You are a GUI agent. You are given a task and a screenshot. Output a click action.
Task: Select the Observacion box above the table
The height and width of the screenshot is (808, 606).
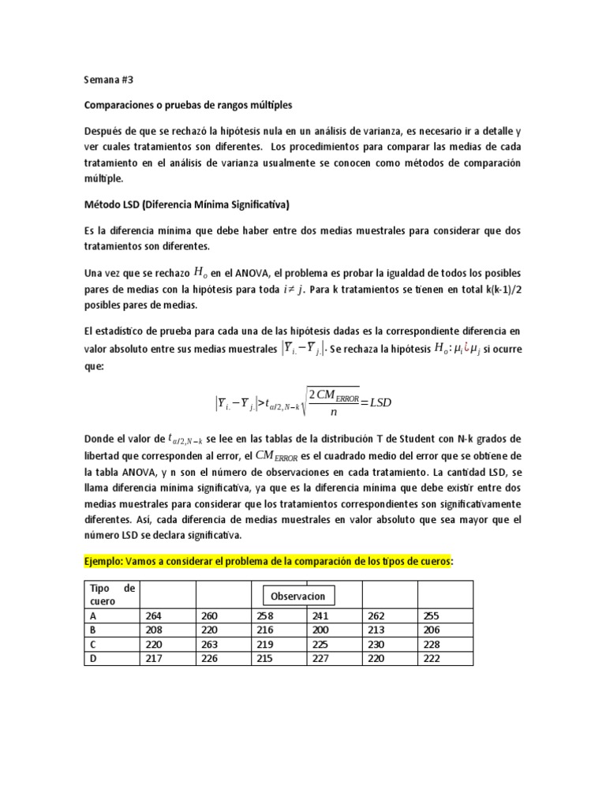click(x=299, y=595)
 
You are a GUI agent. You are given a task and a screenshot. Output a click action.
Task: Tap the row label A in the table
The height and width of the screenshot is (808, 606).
click(x=95, y=615)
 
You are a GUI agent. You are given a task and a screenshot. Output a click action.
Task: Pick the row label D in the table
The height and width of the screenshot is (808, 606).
click(x=95, y=658)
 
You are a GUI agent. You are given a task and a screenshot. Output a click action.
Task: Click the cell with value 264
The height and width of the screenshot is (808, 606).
click(x=154, y=615)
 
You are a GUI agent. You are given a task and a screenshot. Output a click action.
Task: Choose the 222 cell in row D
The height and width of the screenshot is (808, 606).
click(x=431, y=658)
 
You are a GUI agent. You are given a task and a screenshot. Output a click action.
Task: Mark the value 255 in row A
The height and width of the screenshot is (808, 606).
click(x=431, y=615)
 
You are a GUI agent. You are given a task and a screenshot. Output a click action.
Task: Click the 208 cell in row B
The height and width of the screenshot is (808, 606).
click(x=154, y=630)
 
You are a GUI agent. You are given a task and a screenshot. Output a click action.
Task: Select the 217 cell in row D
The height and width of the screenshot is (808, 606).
click(x=154, y=658)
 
